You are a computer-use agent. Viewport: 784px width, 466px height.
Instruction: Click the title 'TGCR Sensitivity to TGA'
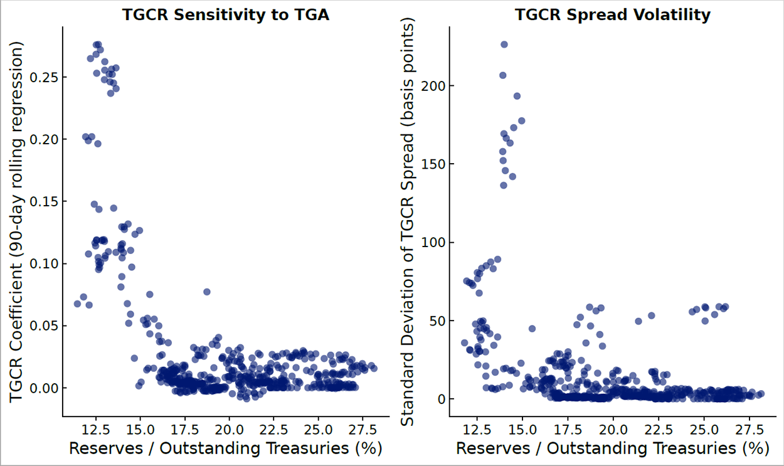pyautogui.click(x=225, y=15)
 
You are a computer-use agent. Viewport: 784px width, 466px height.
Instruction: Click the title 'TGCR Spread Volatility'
pyautogui.click(x=613, y=15)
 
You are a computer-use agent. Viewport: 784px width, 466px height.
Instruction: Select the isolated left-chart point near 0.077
pyautogui.click(x=207, y=292)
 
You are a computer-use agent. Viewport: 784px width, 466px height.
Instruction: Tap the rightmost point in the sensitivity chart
pyautogui.click(x=374, y=368)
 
